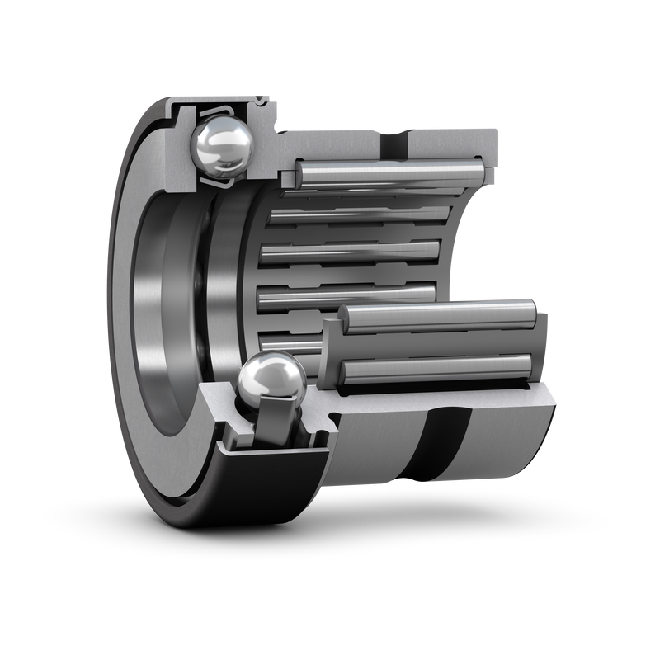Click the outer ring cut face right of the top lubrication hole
[454, 144]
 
